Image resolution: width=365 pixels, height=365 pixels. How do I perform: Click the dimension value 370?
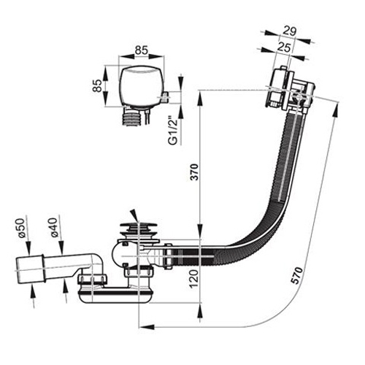pos(194,172)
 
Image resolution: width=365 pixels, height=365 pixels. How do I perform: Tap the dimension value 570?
pos(297,275)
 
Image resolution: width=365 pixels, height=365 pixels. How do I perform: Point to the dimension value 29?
pos(290,31)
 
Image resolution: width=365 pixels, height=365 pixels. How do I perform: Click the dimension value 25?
pos(284,47)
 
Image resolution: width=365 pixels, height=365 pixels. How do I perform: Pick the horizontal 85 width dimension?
pos(142,50)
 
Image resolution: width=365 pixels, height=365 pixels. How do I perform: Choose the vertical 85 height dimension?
pos(97,85)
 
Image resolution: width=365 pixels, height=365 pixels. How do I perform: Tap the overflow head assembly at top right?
pos(290,89)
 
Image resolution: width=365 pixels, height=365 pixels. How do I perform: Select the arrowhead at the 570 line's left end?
pos(147,327)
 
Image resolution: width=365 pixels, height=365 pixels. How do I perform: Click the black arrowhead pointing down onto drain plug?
pos(134,215)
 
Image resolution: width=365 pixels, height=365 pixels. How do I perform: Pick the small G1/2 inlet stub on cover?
pos(165,97)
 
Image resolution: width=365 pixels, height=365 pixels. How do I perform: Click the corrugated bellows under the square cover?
pos(131,118)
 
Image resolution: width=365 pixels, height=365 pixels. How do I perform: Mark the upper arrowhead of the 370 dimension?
pos(199,99)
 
